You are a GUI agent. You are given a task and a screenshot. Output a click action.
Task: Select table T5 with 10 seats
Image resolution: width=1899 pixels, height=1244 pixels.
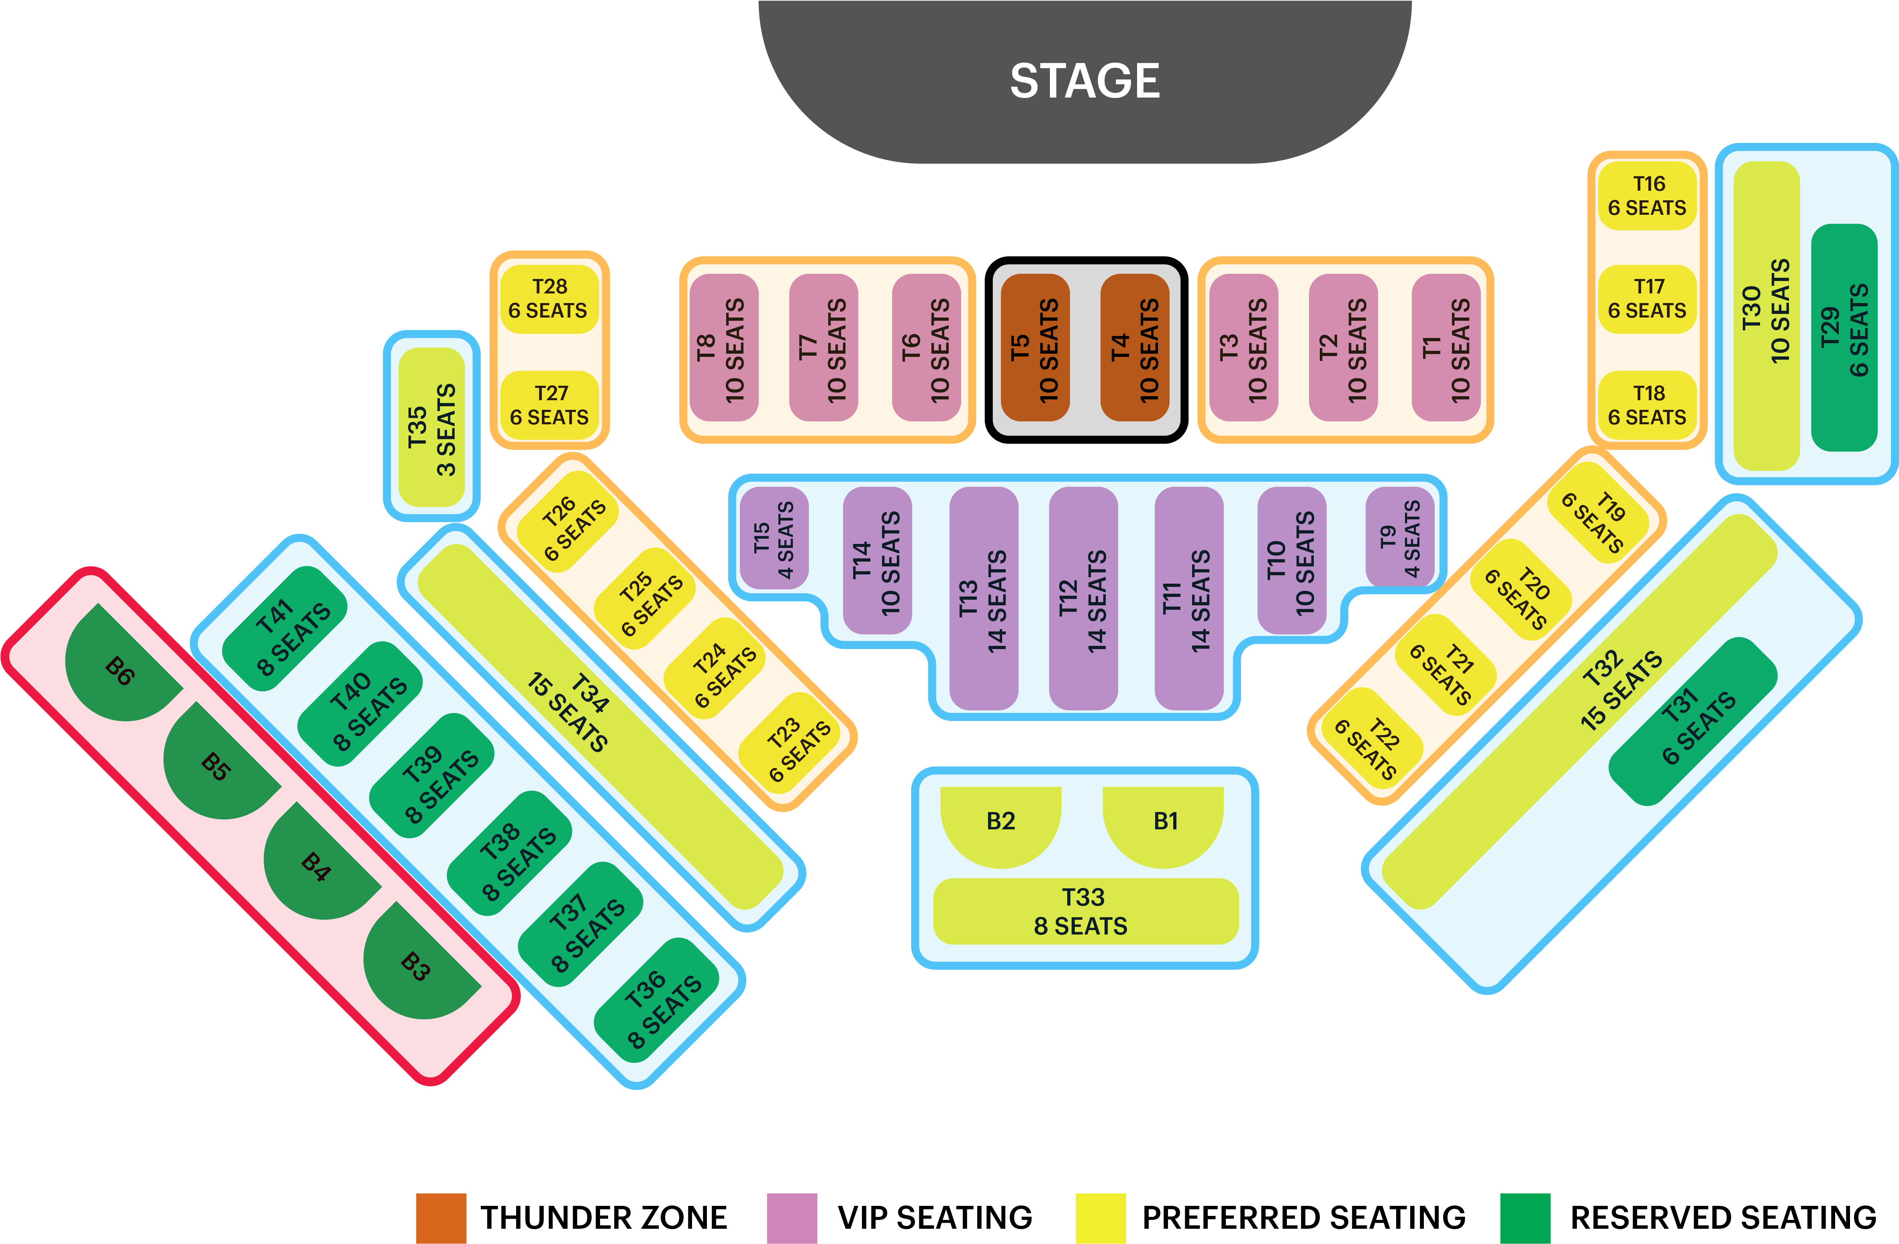pos(1035,348)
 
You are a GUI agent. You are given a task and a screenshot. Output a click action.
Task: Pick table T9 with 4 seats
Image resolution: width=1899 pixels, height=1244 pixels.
pos(1399,538)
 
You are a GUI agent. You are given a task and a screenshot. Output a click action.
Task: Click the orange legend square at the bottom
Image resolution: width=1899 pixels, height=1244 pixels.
pos(441,1218)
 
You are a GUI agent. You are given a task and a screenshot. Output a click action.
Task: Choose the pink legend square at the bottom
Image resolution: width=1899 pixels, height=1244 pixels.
pos(792,1218)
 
